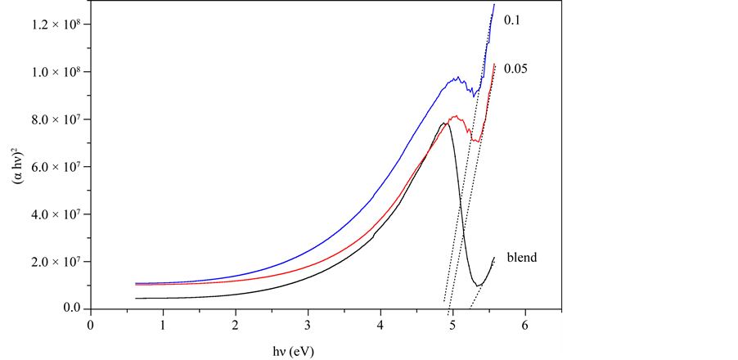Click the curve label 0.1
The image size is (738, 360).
(514, 20)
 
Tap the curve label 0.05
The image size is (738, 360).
(517, 68)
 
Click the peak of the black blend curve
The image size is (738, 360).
(445, 124)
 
